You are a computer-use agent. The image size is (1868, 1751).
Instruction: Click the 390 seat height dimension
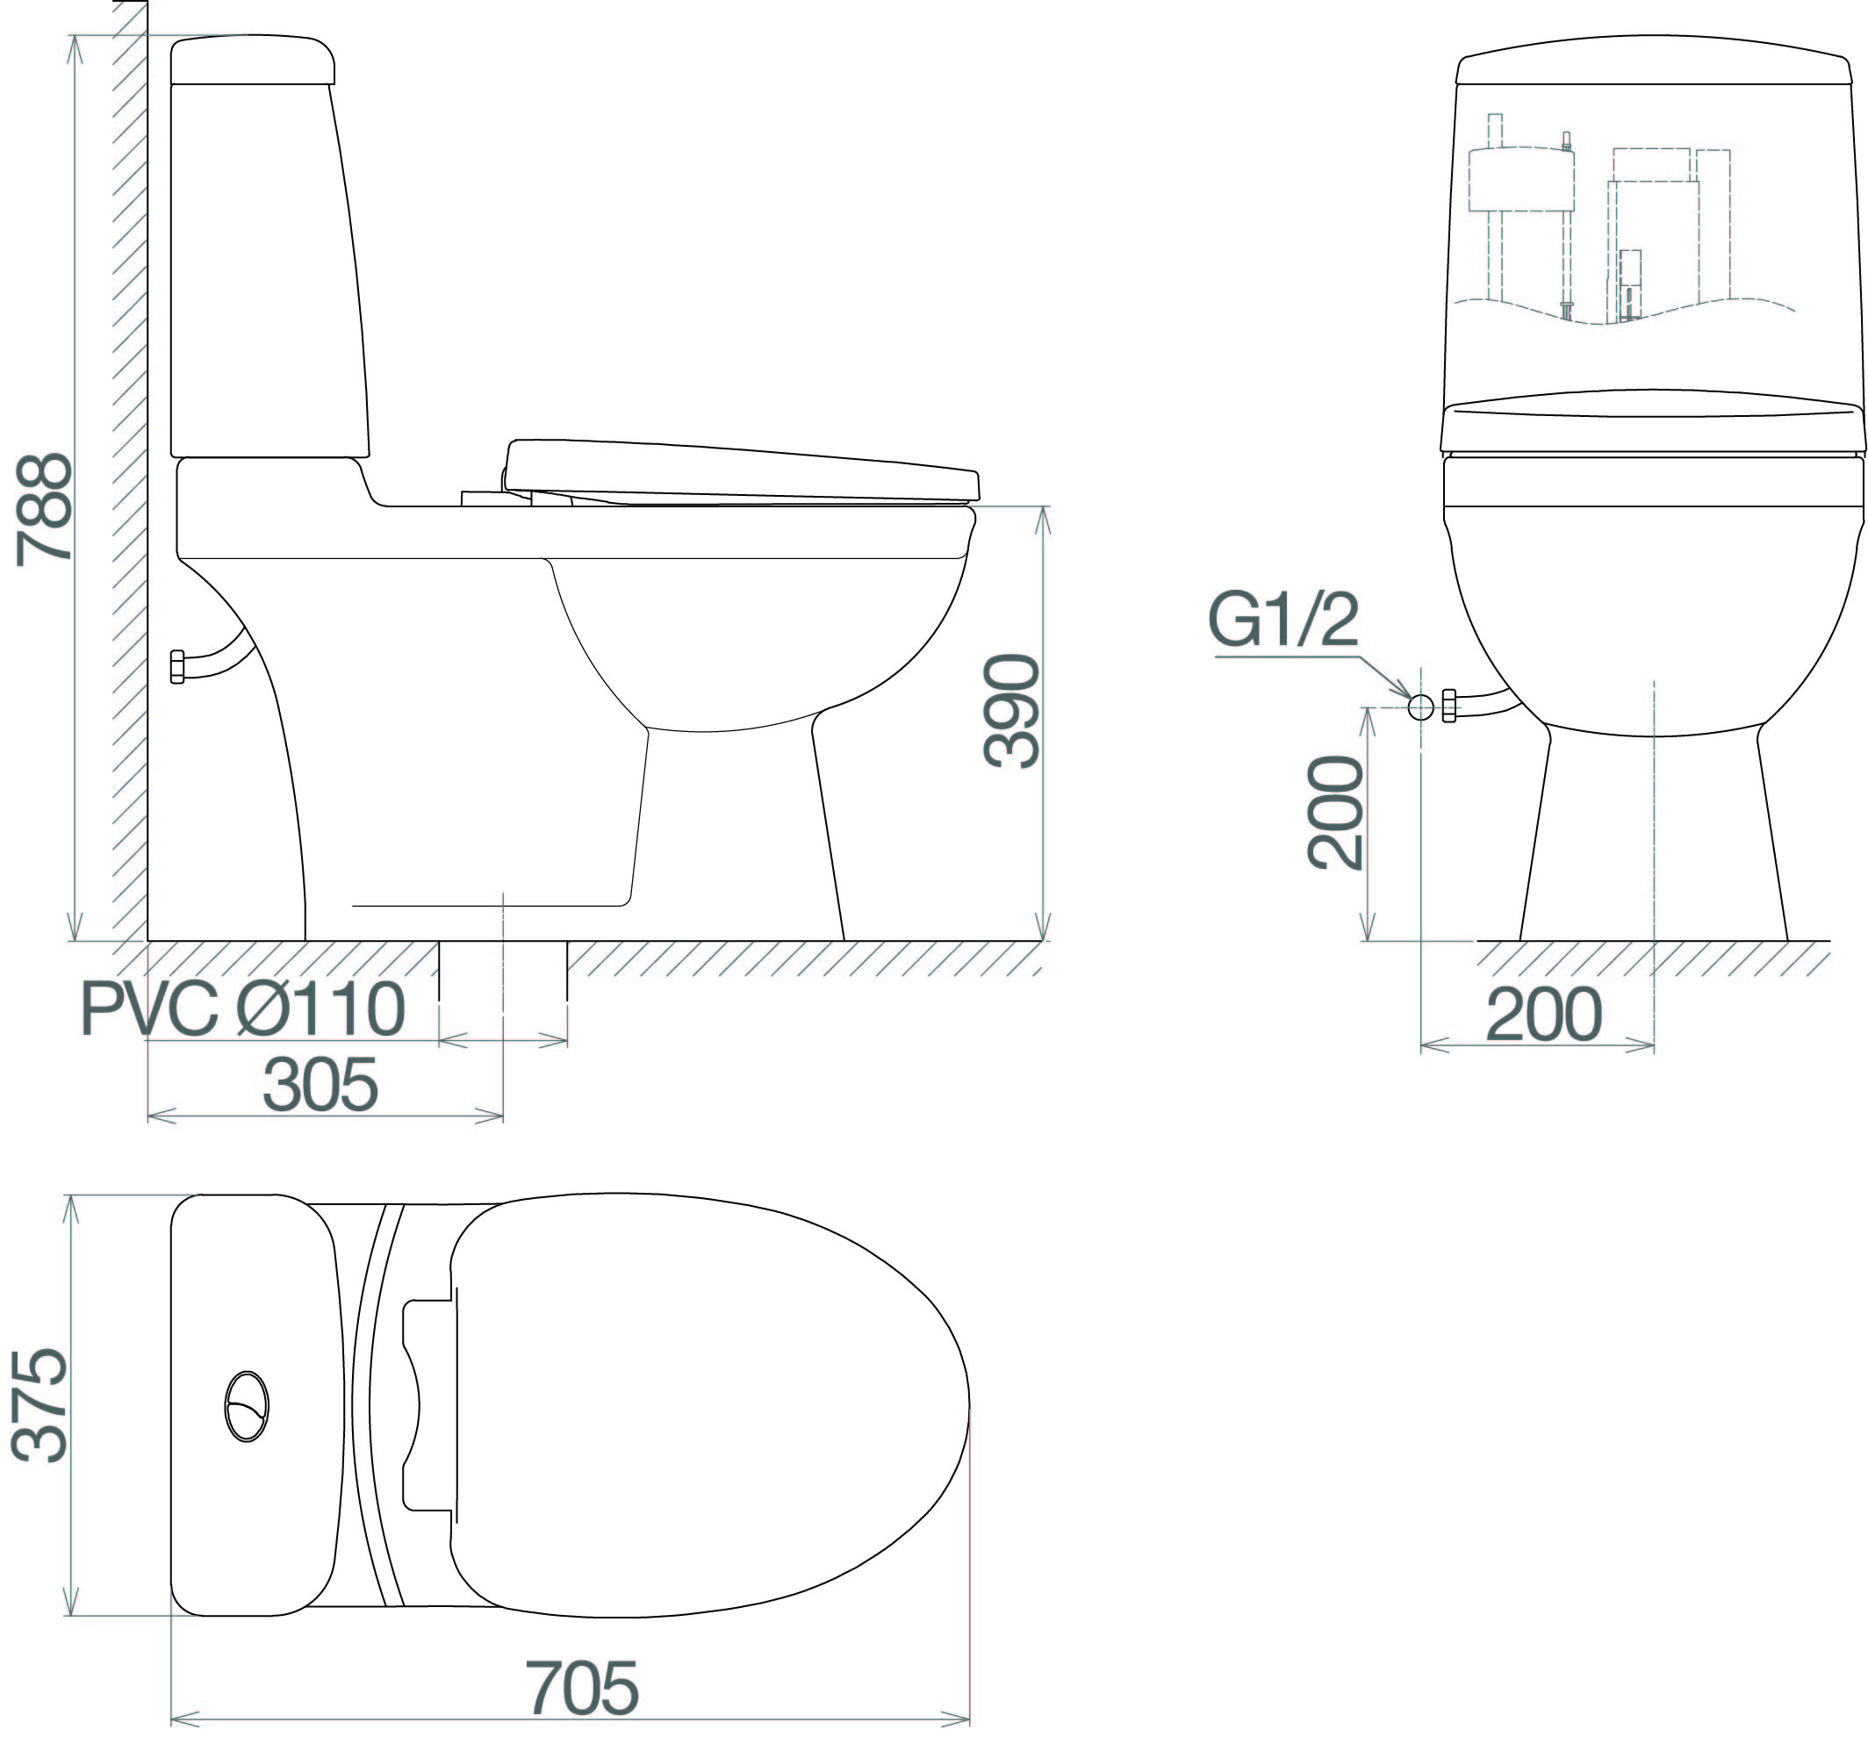(1011, 711)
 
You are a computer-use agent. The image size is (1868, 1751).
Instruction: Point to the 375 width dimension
(40, 1405)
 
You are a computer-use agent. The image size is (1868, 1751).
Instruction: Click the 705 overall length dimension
(583, 1688)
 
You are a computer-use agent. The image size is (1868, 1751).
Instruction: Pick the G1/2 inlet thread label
(1283, 620)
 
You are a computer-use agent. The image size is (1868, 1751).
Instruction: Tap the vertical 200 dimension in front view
(1335, 813)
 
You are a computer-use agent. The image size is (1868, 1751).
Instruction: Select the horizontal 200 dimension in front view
(1544, 1015)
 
